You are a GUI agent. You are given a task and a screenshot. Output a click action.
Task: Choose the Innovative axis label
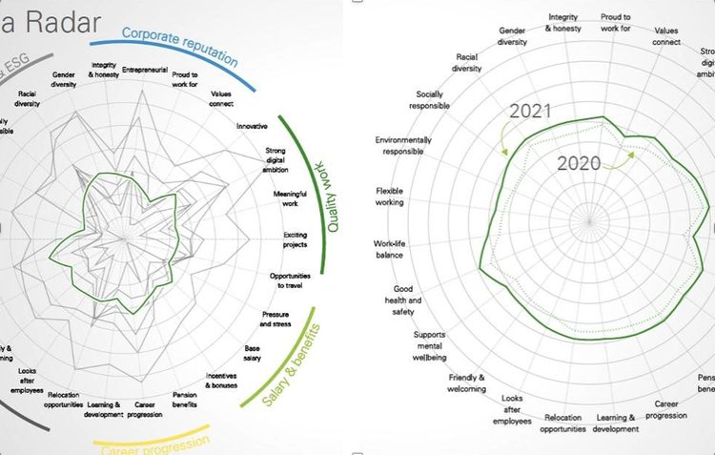(x=252, y=125)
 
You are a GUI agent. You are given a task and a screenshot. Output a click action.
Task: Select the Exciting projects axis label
(x=295, y=239)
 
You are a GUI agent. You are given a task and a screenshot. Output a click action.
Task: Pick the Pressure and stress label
(x=276, y=320)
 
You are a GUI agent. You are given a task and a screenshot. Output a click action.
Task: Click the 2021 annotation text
(x=530, y=111)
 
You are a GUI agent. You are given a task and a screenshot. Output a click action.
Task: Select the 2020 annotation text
(x=579, y=163)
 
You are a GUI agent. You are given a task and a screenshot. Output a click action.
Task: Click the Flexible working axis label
(x=390, y=196)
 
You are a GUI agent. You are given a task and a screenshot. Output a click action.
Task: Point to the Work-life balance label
(x=389, y=249)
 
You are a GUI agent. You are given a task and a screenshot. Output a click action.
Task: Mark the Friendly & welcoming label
(x=466, y=383)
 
